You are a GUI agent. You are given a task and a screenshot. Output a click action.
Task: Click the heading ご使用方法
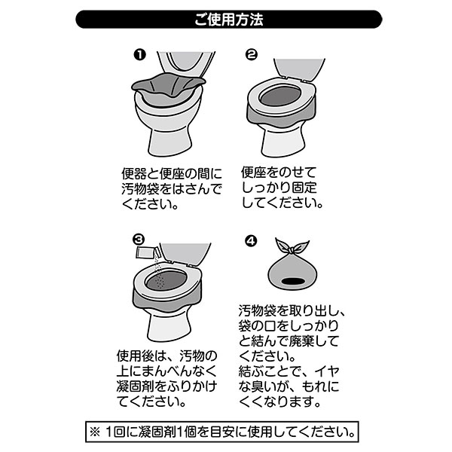228,20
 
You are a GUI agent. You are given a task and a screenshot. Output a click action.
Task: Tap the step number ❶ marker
140,54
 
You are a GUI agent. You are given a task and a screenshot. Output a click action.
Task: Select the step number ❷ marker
251,54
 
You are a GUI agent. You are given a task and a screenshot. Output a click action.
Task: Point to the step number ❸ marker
139,240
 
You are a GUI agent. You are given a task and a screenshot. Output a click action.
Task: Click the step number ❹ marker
251,241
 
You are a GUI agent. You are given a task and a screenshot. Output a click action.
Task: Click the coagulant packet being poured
146,253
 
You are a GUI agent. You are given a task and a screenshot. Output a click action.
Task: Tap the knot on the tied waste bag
292,249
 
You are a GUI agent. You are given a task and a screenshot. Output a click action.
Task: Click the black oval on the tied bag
293,281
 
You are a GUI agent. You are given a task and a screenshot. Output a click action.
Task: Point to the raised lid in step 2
298,69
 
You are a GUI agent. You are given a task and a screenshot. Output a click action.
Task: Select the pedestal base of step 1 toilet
169,142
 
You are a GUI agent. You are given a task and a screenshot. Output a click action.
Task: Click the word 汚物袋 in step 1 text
140,189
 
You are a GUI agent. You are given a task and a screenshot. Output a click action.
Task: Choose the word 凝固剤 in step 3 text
136,386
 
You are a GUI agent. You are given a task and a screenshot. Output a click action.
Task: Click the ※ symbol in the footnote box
95,432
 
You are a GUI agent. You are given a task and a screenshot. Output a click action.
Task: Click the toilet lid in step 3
185,254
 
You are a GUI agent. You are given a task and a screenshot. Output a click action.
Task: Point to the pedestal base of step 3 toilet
169,327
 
